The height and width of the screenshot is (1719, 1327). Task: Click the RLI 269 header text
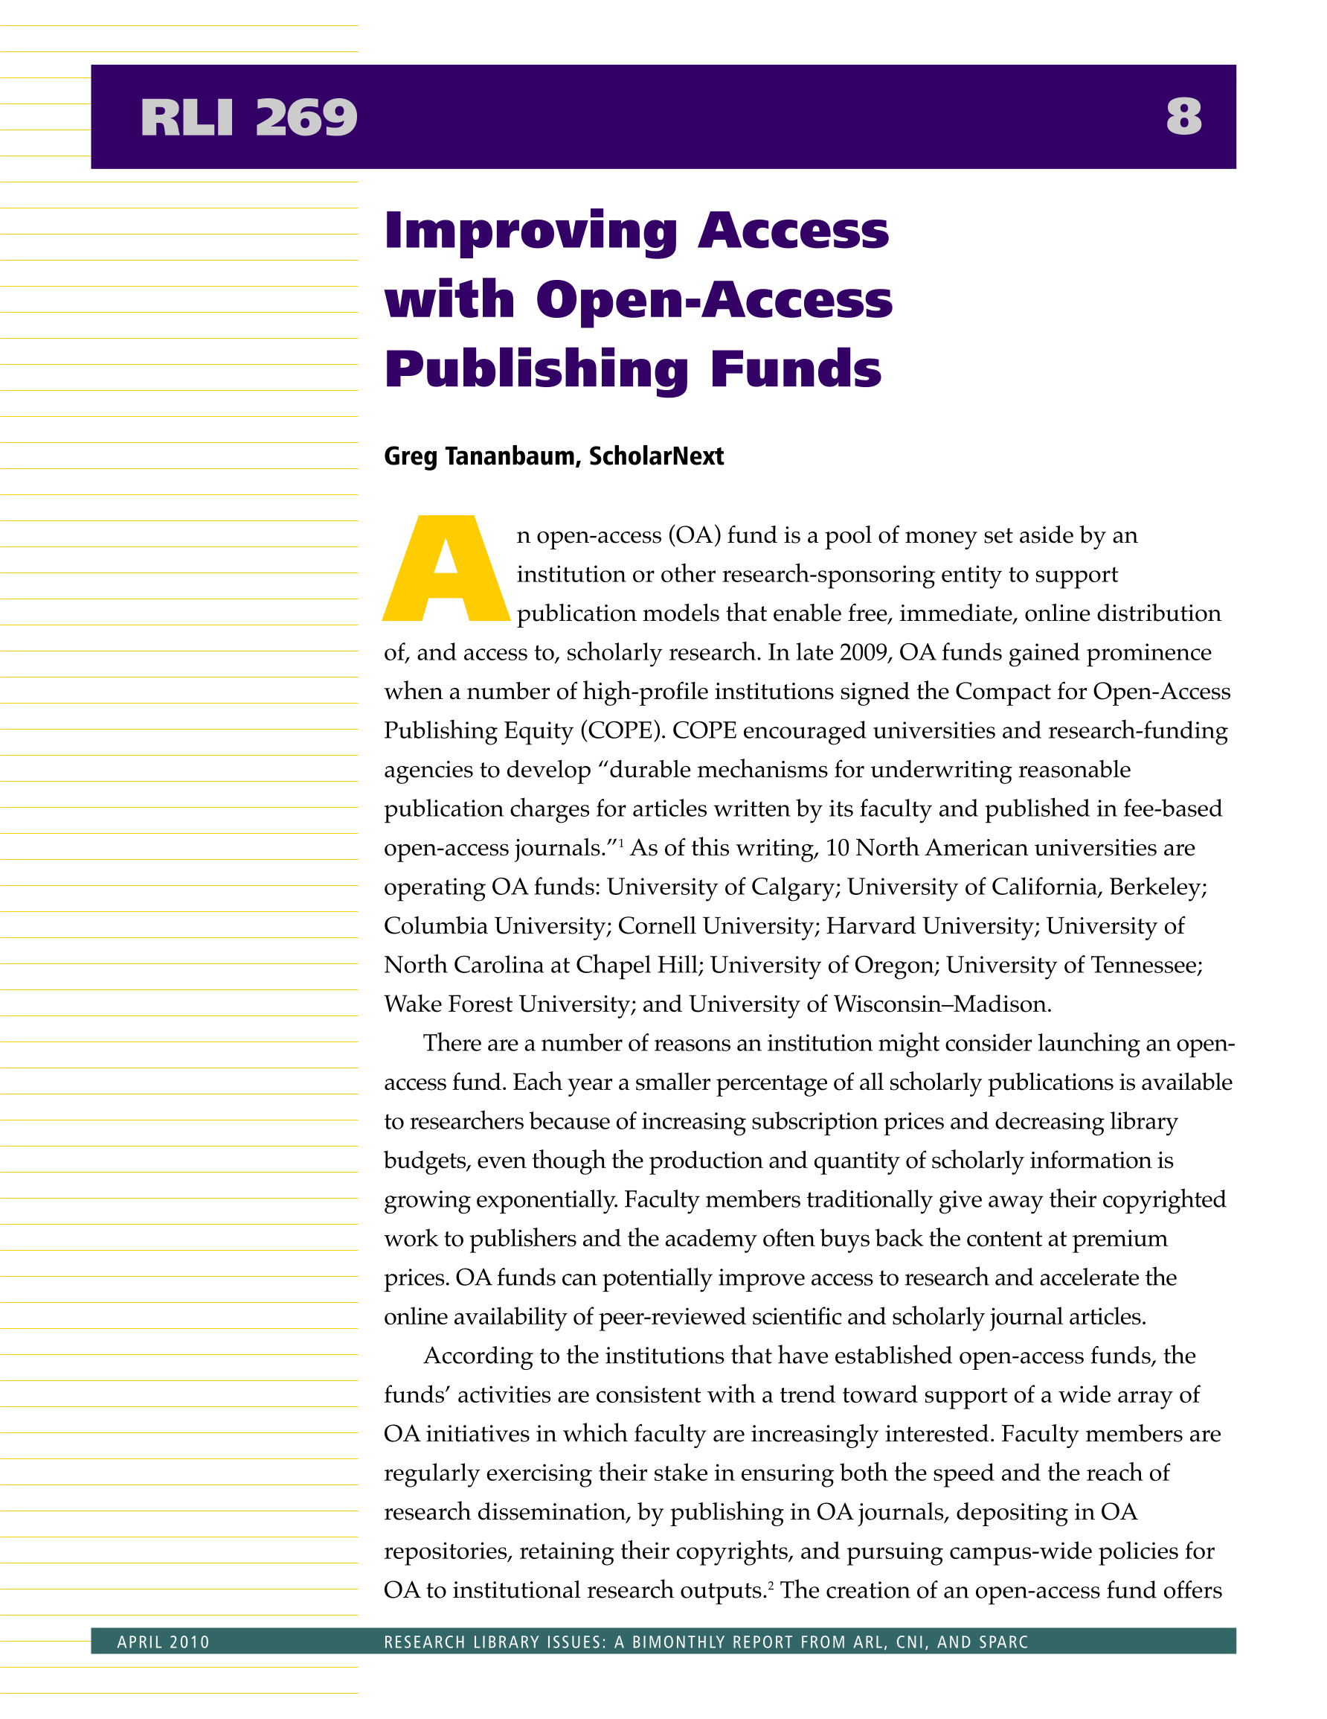[x=248, y=118]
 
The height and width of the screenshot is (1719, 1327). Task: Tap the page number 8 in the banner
[x=1184, y=118]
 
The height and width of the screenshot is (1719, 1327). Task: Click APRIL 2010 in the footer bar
[x=164, y=1642]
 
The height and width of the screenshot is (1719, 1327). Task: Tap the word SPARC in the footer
[x=1001, y=1642]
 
